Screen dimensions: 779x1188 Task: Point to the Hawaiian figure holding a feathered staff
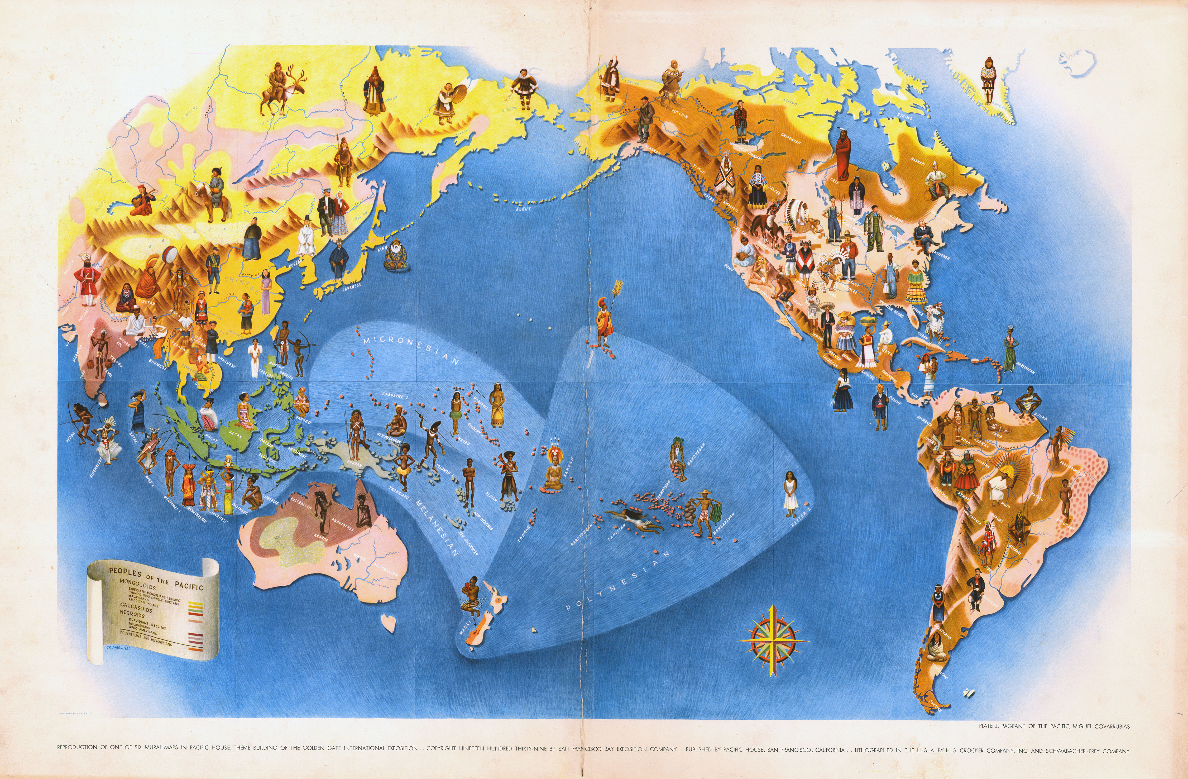[x=606, y=319]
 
